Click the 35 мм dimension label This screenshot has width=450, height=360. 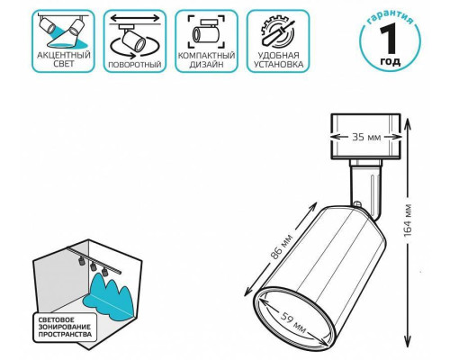pos(366,137)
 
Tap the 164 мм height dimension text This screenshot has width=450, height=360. pos(408,220)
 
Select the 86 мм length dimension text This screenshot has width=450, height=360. pos(281,247)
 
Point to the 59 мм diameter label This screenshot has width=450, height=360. pos(293,323)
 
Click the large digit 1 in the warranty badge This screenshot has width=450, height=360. pos(390,39)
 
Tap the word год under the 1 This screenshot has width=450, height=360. pos(391,61)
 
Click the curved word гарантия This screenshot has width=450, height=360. pos(391,18)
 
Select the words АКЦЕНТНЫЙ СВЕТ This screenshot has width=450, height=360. pos(64,59)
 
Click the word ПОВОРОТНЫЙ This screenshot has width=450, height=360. pos(135,65)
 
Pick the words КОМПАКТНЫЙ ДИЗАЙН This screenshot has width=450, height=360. pos(206,60)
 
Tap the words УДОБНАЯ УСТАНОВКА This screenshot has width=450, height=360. pos(278,60)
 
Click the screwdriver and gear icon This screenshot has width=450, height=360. pos(277,31)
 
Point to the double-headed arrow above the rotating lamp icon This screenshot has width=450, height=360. pos(135,18)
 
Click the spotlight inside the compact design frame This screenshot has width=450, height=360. pos(206,31)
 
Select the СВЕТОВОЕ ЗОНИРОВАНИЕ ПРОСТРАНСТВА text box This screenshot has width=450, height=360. pos(65,328)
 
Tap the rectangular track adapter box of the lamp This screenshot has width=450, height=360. pos(365,136)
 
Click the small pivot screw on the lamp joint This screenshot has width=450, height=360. pos(356,204)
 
